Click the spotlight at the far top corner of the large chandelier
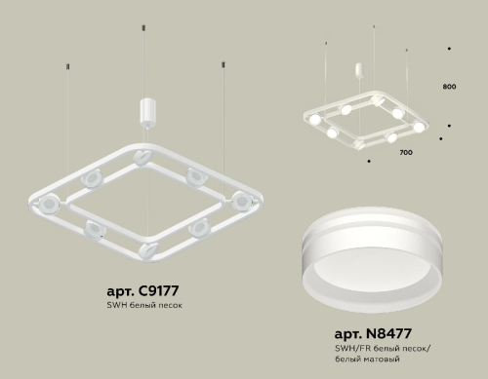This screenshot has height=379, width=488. [x=146, y=156]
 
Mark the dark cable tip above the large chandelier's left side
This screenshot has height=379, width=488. [x=67, y=66]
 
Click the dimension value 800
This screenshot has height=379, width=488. [x=449, y=88]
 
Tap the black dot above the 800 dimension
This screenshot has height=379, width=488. [x=448, y=48]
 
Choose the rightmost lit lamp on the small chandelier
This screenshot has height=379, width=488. [x=419, y=126]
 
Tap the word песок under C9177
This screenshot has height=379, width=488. [x=170, y=305]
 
